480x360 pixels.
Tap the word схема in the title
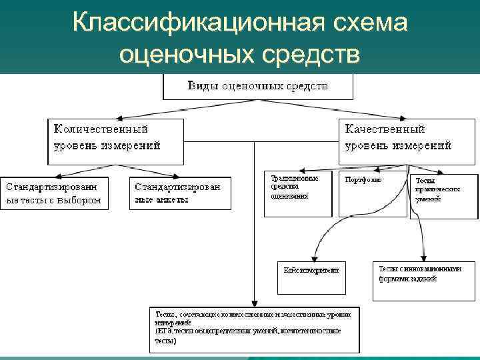pyautogui.click(x=369, y=22)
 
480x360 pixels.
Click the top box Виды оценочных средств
pyautogui.click(x=258, y=87)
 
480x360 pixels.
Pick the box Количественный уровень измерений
pyautogui.click(x=115, y=141)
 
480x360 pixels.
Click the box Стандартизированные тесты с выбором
pyautogui.click(x=54, y=193)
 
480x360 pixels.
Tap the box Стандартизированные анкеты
pyautogui.click(x=180, y=193)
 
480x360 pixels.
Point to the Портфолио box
pyautogui.click(x=372, y=193)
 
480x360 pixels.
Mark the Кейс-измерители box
pyautogui.click(x=311, y=277)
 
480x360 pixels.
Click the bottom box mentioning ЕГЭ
pyautogui.click(x=253, y=329)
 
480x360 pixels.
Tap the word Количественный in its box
pyautogui.click(x=101, y=129)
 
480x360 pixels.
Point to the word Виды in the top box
pyautogui.click(x=201, y=86)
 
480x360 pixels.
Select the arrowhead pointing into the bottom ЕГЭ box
pyautogui.click(x=253, y=303)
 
